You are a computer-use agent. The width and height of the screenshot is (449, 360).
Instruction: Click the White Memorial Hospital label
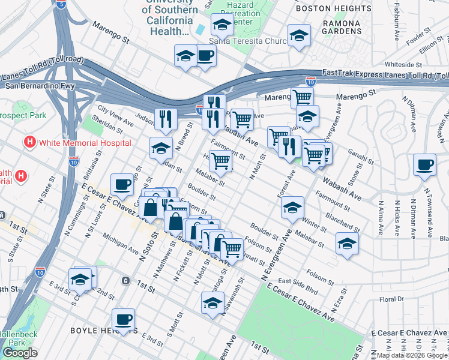[x=84, y=142]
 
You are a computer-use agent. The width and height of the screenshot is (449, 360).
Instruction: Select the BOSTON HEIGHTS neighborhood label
[x=334, y=8]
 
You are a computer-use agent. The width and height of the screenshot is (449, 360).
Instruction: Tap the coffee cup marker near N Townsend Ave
[x=424, y=164]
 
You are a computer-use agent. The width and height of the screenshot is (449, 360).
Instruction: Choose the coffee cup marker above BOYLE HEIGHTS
[x=123, y=319]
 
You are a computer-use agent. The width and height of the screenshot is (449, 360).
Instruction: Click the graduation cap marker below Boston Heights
[x=298, y=35]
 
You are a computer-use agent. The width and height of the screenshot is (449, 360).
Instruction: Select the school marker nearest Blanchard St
[x=347, y=243]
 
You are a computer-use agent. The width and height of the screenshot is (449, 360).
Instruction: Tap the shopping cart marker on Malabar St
[x=220, y=161]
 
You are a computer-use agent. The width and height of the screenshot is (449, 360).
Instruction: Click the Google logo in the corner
[x=20, y=353]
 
